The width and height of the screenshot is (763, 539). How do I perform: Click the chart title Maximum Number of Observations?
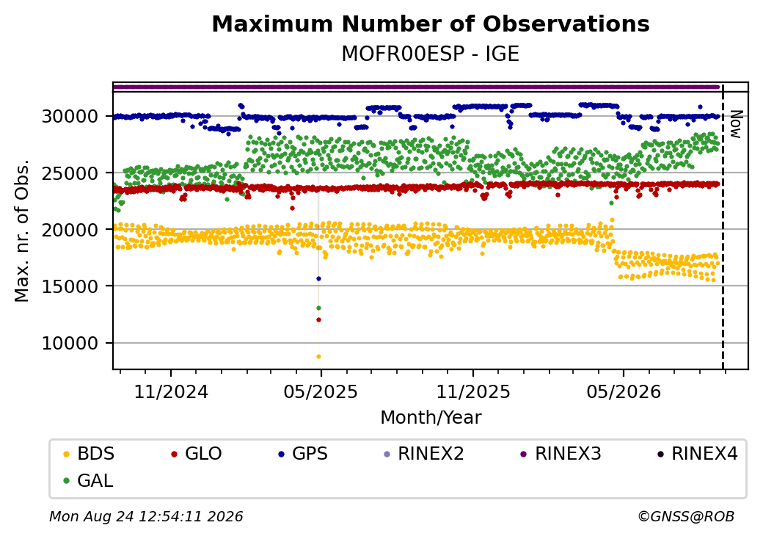coord(431,23)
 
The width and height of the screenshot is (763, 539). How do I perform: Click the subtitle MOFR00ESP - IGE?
coord(431,54)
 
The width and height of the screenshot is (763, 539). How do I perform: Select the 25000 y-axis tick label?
coord(70,173)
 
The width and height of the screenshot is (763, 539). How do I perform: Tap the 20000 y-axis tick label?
coord(70,230)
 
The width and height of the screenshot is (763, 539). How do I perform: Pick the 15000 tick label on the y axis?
coord(70,286)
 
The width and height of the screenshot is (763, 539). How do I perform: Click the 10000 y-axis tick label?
coord(70,343)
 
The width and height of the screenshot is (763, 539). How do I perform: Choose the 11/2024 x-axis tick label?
coord(171,392)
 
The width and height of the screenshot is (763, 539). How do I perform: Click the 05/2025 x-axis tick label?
coord(321,392)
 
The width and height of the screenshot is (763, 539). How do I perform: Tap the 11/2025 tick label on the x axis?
coord(473,392)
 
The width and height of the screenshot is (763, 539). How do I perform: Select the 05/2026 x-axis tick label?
coord(624,392)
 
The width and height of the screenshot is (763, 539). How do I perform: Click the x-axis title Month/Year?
coord(431,418)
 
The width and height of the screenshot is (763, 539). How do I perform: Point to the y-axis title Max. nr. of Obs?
coord(22,231)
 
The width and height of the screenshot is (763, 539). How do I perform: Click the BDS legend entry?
coord(89,454)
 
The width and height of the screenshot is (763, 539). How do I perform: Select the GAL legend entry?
coord(88,480)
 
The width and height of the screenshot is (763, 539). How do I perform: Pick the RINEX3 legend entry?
coord(561,454)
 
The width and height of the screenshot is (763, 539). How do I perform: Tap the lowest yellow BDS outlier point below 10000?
coord(318,356)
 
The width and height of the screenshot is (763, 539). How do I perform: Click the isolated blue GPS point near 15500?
coord(318,278)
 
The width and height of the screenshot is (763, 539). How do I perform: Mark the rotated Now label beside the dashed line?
coord(737,125)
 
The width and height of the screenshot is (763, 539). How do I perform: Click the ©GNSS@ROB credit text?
coord(686,516)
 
